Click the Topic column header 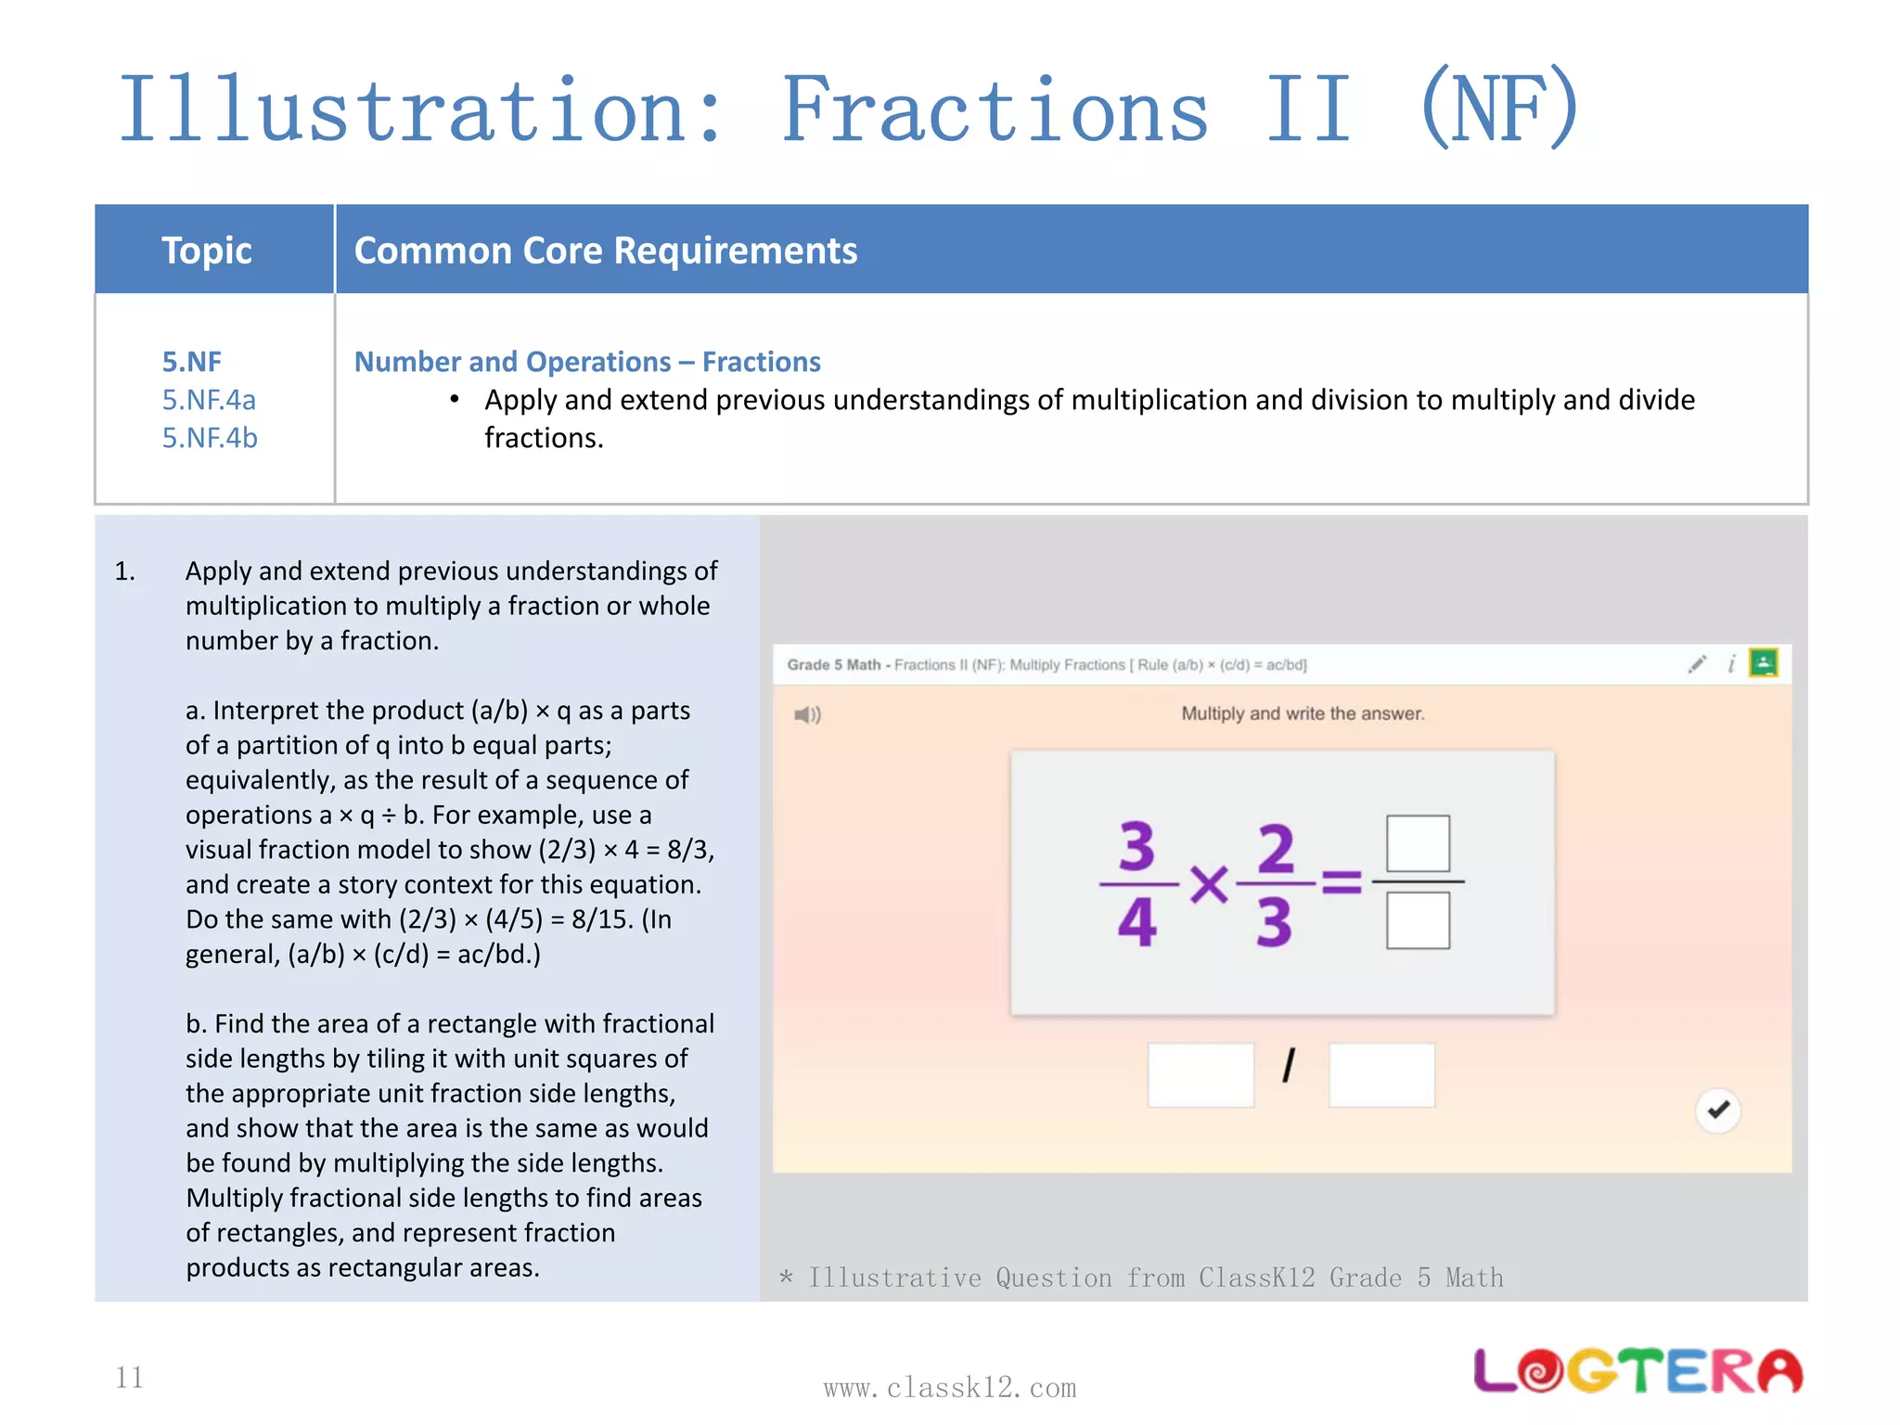point(207,250)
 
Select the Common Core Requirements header point(606,250)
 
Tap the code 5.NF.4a point(209,400)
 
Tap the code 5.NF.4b point(210,438)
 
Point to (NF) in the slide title point(1499,109)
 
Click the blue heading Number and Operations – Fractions point(587,362)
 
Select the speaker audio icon point(807,714)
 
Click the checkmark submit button point(1718,1110)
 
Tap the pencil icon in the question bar point(1697,664)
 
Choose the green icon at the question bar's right point(1763,663)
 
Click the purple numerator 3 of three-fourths point(1137,846)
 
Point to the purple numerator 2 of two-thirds point(1276,848)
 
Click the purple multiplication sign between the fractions point(1209,884)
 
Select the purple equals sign point(1342,881)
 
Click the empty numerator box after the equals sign point(1418,842)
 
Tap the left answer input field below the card point(1200,1074)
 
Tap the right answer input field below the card point(1381,1074)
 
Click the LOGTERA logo point(1638,1370)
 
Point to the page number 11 point(130,1378)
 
